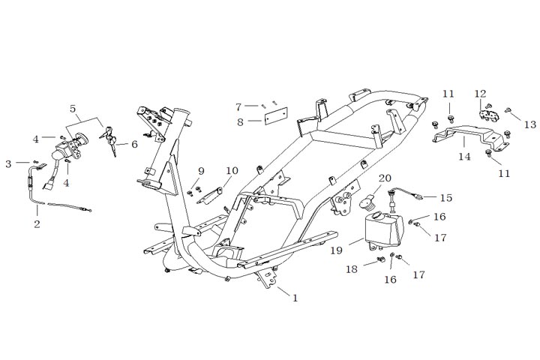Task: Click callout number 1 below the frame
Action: pyautogui.click(x=295, y=298)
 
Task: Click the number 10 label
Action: pyautogui.click(x=232, y=171)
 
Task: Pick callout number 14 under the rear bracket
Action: pyautogui.click(x=465, y=157)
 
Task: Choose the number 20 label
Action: pyautogui.click(x=385, y=178)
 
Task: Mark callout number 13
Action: pyautogui.click(x=531, y=124)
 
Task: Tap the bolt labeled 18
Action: pyautogui.click(x=373, y=262)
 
